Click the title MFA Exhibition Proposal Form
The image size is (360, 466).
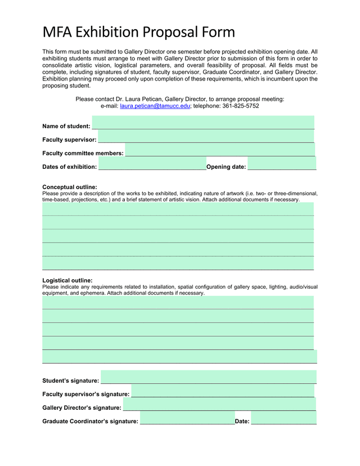pyautogui.click(x=138, y=32)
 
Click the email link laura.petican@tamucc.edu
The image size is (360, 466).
pyautogui.click(x=155, y=106)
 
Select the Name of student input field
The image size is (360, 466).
pyautogui.click(x=202, y=123)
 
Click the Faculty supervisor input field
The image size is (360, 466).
pyautogui.click(x=206, y=136)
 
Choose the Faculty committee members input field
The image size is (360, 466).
pyautogui.click(x=219, y=150)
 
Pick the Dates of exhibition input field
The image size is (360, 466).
pyautogui.click(x=152, y=164)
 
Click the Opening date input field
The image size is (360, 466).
pyautogui.click(x=281, y=164)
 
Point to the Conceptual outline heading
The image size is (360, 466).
pyautogui.click(x=70, y=187)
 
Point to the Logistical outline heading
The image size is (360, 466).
pyautogui.click(x=67, y=280)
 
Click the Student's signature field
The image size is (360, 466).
pyautogui.click(x=208, y=377)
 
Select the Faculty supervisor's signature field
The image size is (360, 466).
pyautogui.click(x=222, y=391)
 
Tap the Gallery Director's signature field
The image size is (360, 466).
pyautogui.click(x=219, y=405)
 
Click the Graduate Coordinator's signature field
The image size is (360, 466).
pyautogui.click(x=187, y=418)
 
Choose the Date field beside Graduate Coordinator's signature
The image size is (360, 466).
pyautogui.click(x=283, y=418)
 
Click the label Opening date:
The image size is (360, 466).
pyautogui.click(x=226, y=167)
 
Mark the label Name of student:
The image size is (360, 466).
pyautogui.click(x=66, y=126)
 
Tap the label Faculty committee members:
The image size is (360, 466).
pyautogui.click(x=83, y=153)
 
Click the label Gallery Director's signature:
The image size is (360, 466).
pyautogui.click(x=82, y=408)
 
